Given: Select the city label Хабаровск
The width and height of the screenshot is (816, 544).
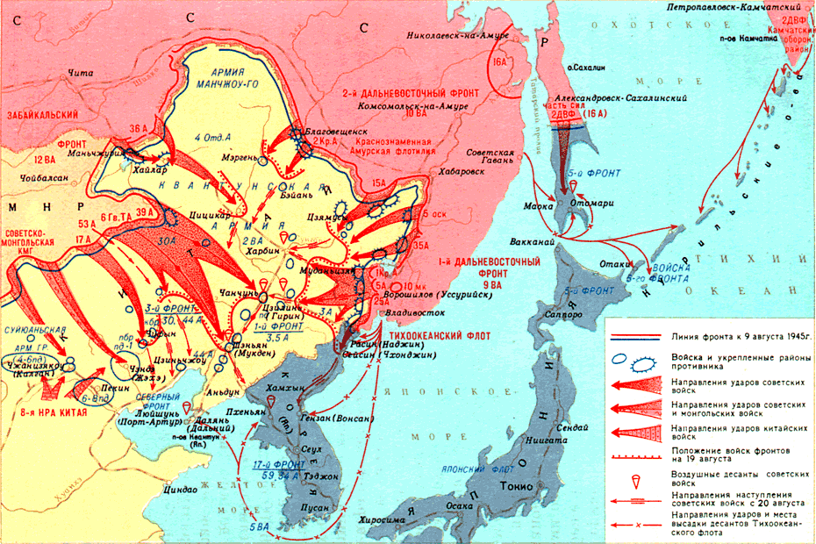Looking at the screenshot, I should [455, 173].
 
